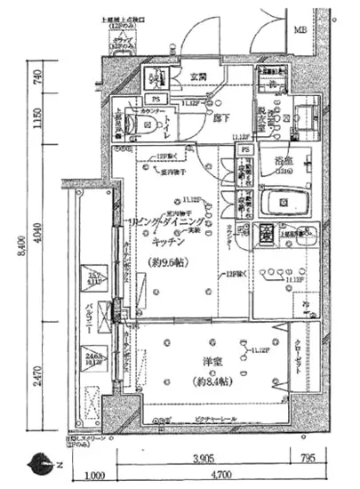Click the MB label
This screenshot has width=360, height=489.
tap(300, 29)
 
